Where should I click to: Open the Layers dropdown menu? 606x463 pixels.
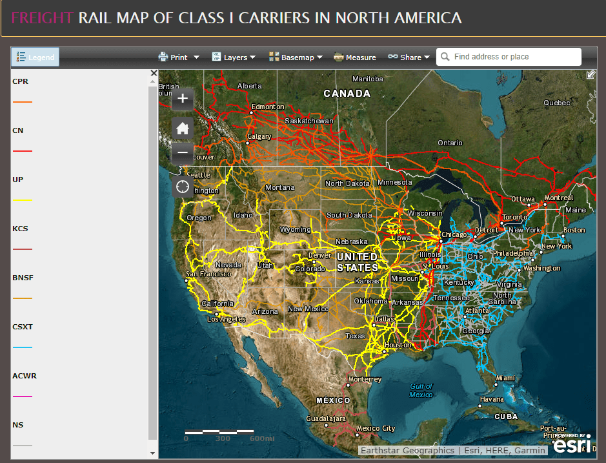click(x=234, y=57)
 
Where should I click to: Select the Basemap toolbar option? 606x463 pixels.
click(x=296, y=57)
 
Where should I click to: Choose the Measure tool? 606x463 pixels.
click(x=354, y=57)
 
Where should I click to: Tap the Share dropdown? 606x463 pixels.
click(x=409, y=57)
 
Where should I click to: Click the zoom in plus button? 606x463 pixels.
click(x=183, y=98)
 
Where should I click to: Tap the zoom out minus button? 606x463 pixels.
click(x=183, y=153)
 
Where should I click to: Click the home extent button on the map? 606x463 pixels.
click(x=183, y=128)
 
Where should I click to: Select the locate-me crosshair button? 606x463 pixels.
click(x=183, y=187)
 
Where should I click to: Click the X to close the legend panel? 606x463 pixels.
click(x=154, y=74)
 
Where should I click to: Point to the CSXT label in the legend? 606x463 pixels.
click(x=23, y=327)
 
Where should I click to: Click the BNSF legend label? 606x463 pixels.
click(x=23, y=278)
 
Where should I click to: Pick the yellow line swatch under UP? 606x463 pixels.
click(x=23, y=200)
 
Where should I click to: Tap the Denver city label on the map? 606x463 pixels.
click(x=319, y=255)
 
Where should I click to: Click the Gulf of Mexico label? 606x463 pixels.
click(x=421, y=390)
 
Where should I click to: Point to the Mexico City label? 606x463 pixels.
click(x=376, y=428)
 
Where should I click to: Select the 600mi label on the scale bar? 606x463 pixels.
click(x=261, y=438)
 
